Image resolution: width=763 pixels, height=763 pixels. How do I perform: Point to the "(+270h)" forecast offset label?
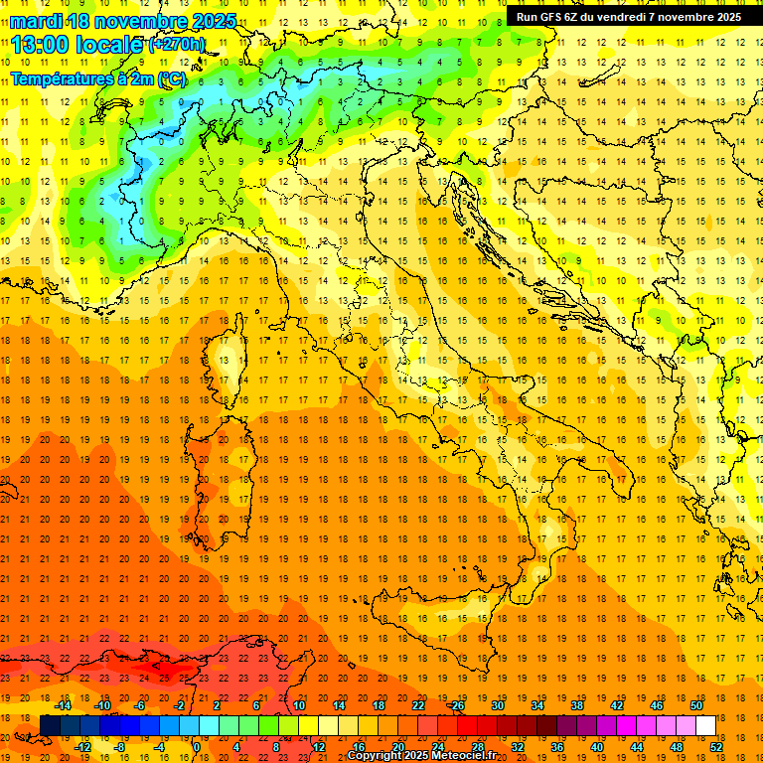[177, 44]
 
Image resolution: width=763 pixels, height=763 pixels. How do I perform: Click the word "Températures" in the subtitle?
[57, 76]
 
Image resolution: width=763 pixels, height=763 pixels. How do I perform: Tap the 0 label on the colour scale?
[197, 747]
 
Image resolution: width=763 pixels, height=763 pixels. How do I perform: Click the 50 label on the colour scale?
[696, 705]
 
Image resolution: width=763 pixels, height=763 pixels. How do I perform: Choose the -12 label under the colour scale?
[82, 747]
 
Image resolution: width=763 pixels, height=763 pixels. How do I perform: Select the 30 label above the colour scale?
[498, 705]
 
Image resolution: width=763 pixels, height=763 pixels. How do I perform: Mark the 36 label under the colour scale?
[557, 747]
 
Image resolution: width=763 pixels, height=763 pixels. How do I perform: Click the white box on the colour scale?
[706, 725]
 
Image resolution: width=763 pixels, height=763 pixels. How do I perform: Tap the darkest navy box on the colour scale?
[50, 725]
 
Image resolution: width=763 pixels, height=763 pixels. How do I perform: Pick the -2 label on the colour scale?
[180, 705]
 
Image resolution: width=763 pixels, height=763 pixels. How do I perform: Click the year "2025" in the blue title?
[212, 21]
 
